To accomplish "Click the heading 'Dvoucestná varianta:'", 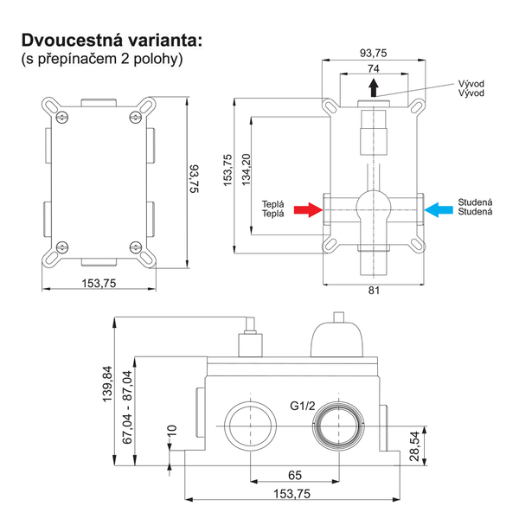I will [x=112, y=40].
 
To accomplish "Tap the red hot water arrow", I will [x=305, y=208].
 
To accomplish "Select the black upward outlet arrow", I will [x=373, y=87].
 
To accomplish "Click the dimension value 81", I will [x=374, y=291].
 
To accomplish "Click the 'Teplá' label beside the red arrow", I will [x=273, y=208].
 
